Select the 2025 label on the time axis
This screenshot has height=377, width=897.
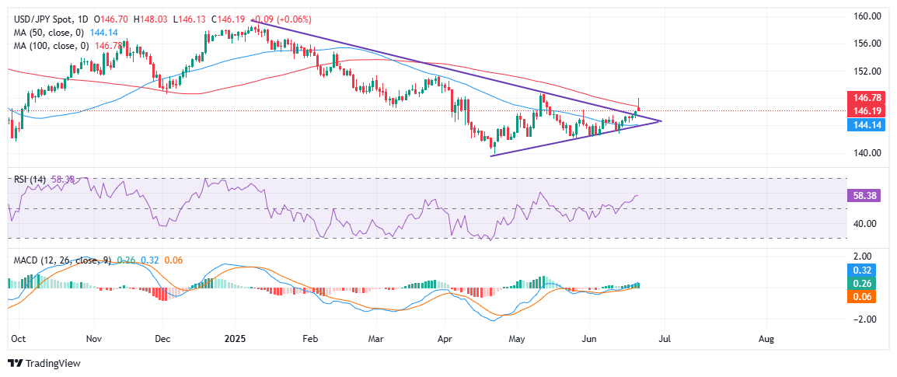pos(234,339)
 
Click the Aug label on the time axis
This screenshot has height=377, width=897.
pos(766,339)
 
